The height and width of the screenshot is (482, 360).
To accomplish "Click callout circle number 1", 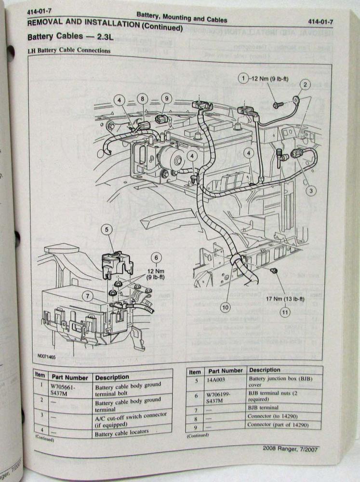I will pos(244,78).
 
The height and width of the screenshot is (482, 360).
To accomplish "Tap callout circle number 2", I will pos(305,85).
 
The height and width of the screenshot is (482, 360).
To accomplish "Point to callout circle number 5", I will pos(107,230).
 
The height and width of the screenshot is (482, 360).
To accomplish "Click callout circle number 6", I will pos(156,257).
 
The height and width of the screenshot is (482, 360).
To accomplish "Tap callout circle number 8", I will pos(143,99).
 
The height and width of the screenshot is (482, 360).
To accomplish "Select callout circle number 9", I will pos(166,98).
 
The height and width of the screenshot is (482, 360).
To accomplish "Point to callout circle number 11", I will pos(284,312).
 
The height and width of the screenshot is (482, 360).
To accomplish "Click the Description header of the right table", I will pos(265,370).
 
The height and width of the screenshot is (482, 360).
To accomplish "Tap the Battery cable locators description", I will pos(122,433).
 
